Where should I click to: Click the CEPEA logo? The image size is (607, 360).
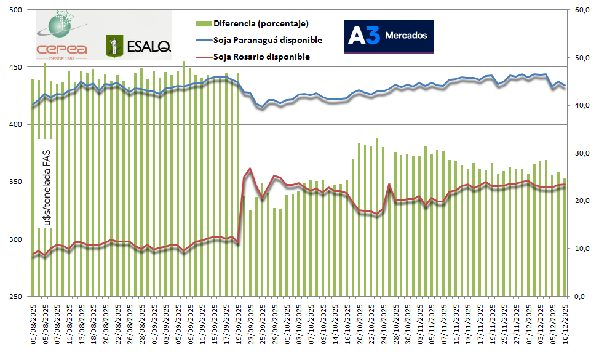coord(61,34)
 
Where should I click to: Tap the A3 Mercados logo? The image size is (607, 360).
coord(389,36)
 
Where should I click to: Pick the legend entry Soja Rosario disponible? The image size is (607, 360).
coord(261,57)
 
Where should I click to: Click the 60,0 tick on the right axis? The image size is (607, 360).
coord(582,10)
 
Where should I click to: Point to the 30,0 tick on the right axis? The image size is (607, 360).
coord(582,153)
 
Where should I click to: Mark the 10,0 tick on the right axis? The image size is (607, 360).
coord(582,249)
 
